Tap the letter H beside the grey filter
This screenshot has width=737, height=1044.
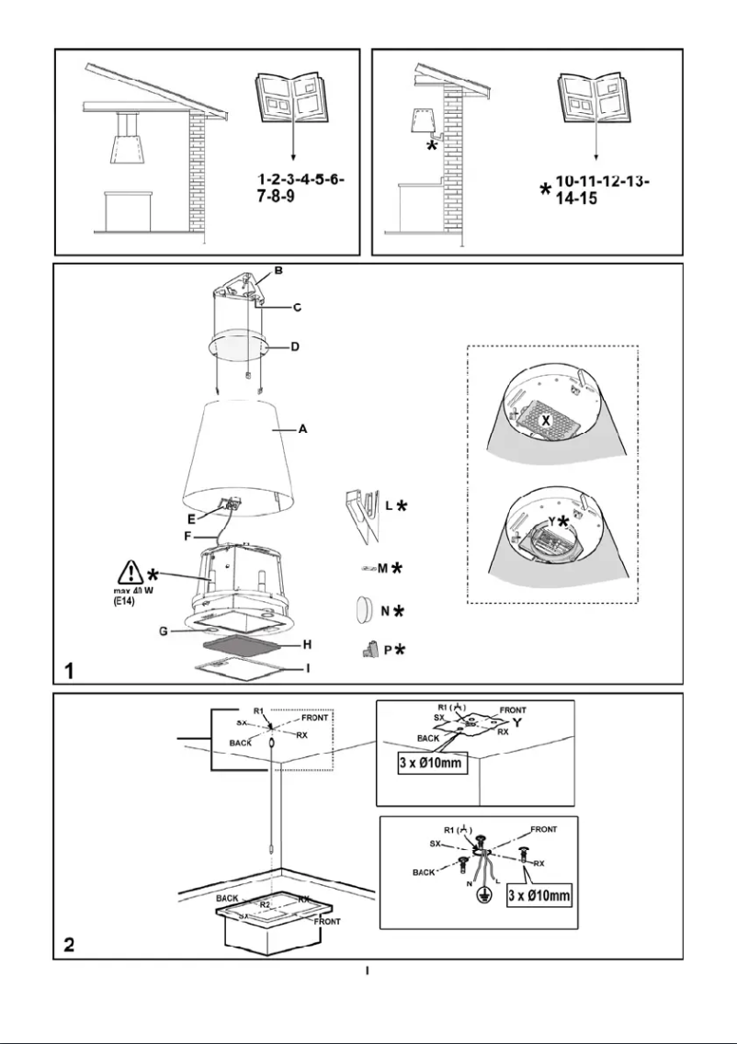pos(308,645)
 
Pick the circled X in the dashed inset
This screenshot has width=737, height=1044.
pos(545,419)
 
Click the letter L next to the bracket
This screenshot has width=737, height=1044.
pos(389,505)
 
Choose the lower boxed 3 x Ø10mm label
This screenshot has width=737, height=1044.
pos(540,894)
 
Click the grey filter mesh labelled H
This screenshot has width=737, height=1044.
pos(243,647)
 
